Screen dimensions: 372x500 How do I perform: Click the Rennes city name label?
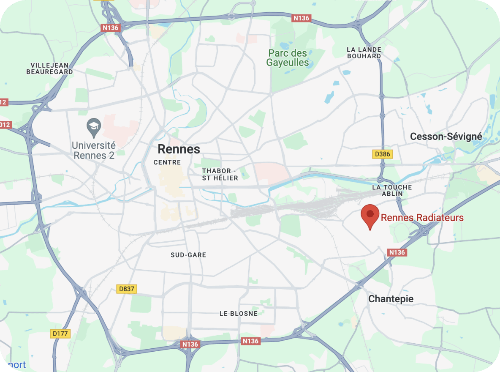pyautogui.click(x=179, y=149)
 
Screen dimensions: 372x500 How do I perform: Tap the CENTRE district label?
pyautogui.click(x=167, y=162)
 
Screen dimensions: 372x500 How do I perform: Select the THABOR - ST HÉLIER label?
pyautogui.click(x=220, y=174)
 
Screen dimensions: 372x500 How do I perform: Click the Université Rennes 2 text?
pyautogui.click(x=94, y=150)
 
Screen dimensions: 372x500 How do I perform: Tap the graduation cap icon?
pyautogui.click(x=93, y=126)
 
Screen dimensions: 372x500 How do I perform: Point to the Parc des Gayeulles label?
pyautogui.click(x=288, y=58)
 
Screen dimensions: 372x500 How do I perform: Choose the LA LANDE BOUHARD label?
pyautogui.click(x=364, y=52)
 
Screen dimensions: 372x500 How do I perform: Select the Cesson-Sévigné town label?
pyautogui.click(x=446, y=137)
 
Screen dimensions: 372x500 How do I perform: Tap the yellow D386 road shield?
pyautogui.click(x=383, y=154)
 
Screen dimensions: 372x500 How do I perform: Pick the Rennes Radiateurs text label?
pyautogui.click(x=422, y=218)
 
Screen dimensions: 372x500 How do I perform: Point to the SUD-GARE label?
pyautogui.click(x=188, y=255)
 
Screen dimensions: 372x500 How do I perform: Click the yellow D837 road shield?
pyautogui.click(x=127, y=289)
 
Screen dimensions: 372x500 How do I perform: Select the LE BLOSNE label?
pyautogui.click(x=239, y=313)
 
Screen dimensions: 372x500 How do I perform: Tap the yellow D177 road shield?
pyautogui.click(x=60, y=334)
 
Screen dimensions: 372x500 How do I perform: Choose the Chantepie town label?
pyautogui.click(x=391, y=299)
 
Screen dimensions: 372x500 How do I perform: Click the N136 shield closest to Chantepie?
pyautogui.click(x=397, y=252)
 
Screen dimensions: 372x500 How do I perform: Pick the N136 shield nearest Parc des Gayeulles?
pyautogui.click(x=302, y=18)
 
